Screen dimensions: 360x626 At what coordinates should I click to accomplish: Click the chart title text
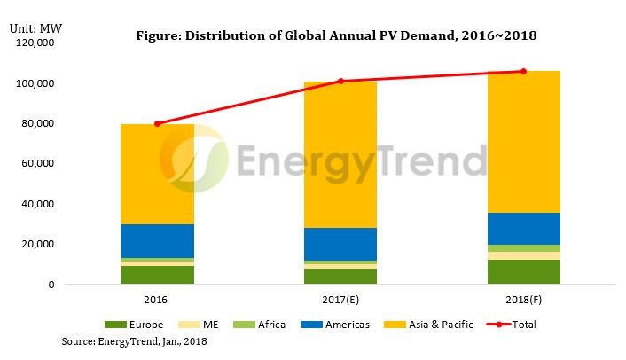pyautogui.click(x=336, y=36)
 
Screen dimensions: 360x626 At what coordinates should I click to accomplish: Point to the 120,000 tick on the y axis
pyautogui.click(x=32, y=43)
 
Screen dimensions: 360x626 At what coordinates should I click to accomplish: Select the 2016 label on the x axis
pyautogui.click(x=157, y=298)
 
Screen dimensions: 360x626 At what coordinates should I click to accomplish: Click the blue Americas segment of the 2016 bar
pyautogui.click(x=157, y=240)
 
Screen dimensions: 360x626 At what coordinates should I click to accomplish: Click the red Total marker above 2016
pyautogui.click(x=157, y=124)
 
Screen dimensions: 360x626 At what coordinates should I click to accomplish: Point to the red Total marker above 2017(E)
pyautogui.click(x=340, y=82)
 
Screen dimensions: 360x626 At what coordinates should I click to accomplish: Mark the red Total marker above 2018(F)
pyautogui.click(x=522, y=72)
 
